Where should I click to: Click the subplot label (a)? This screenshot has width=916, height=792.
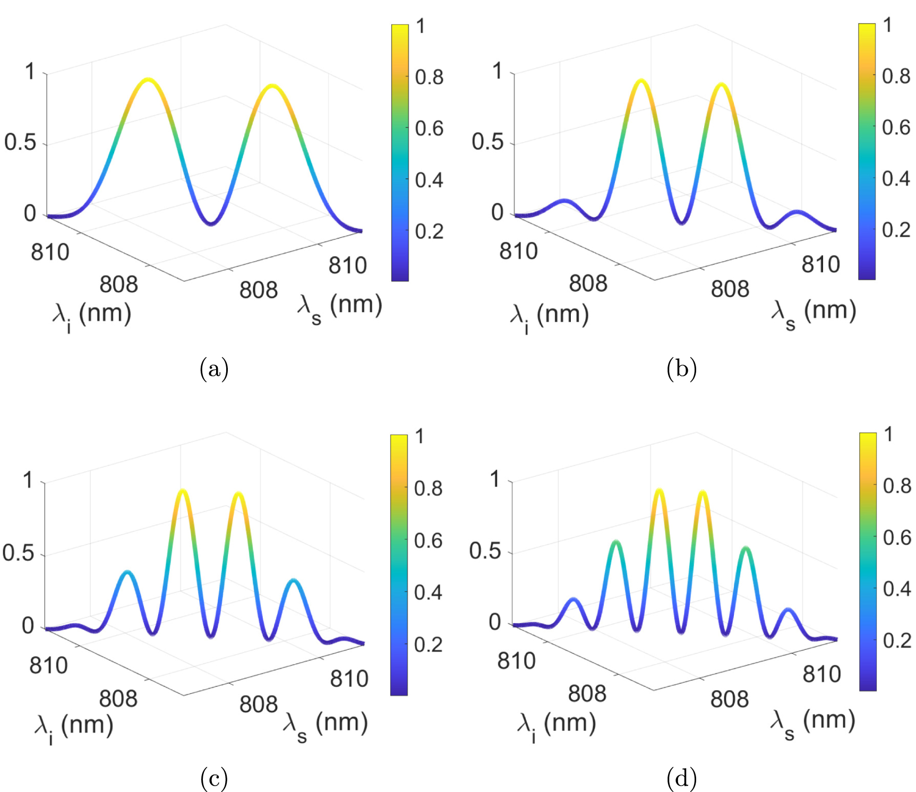pos(214,368)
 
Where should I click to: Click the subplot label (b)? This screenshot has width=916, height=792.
pos(681,368)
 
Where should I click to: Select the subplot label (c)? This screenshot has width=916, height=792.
pos(214,778)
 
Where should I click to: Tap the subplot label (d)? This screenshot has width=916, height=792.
pos(681,778)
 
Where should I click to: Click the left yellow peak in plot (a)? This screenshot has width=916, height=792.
pos(148,80)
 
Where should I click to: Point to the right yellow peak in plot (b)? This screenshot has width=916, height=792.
pos(721,85)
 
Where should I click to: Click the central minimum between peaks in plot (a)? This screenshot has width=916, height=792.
pos(211,223)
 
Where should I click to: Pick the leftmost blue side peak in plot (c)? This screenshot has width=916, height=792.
pos(127,573)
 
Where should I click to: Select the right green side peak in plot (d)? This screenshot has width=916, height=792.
pos(746,548)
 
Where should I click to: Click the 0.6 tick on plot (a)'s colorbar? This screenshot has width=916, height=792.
pos(429,128)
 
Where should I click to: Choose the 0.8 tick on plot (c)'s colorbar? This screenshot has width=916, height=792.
pos(428,488)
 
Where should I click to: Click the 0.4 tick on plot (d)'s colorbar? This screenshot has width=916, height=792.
pos(897,588)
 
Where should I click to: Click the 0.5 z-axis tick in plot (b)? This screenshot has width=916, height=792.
pos(487,142)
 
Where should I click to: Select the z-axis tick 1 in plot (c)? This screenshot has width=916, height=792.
pos(29,480)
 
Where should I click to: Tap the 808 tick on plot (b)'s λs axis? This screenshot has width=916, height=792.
pos(730,289)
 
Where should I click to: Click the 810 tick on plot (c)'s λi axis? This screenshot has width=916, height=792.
pos(48,665)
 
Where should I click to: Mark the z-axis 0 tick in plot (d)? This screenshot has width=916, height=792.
pos(495,622)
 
